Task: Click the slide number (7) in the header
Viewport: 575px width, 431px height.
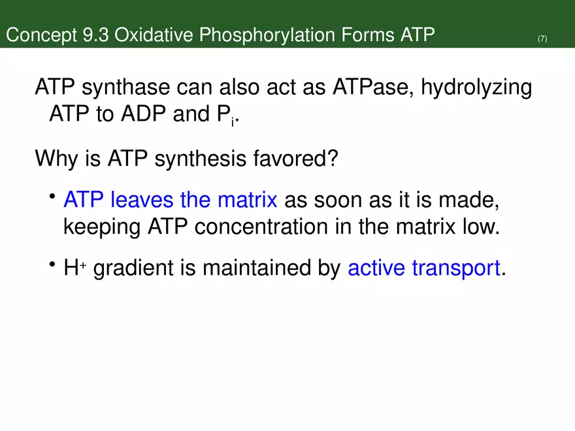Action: coord(542,39)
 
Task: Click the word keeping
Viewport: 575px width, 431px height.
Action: coord(101,228)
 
